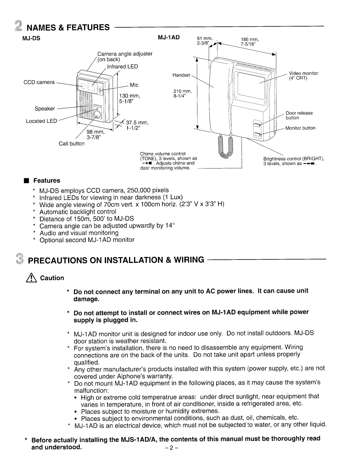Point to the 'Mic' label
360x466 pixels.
pyautogui.click(x=134, y=85)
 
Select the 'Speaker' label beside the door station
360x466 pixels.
pyautogui.click(x=45, y=109)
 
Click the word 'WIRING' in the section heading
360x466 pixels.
pyautogui.click(x=187, y=260)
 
